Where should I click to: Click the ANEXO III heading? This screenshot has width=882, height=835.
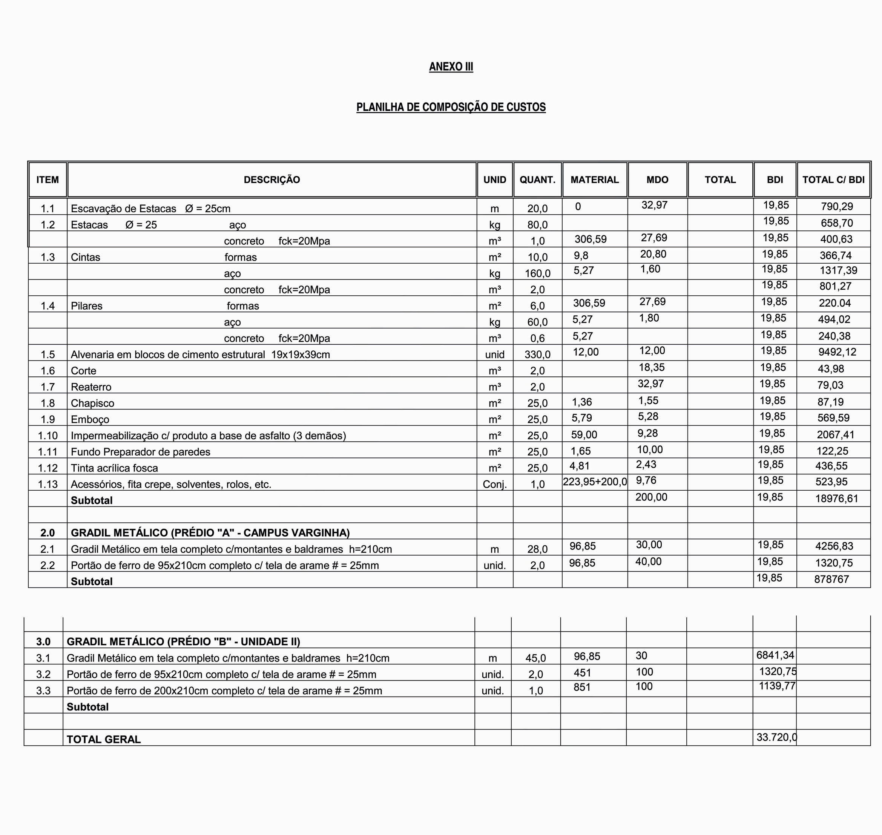tap(451, 67)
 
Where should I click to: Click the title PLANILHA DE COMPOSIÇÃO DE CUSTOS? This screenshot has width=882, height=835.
tap(451, 107)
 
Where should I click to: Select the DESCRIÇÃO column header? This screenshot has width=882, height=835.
tap(272, 180)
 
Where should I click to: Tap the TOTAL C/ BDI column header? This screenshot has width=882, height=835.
tap(833, 180)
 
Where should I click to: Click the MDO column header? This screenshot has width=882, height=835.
tap(657, 180)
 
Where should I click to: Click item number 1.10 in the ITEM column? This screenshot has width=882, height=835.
tap(48, 436)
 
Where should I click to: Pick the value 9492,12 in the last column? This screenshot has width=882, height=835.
tap(837, 352)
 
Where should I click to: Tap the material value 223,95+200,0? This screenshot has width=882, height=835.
tap(595, 482)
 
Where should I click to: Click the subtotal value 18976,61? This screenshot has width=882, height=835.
tap(836, 499)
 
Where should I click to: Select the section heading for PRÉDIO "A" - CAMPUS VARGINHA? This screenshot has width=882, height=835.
tap(210, 533)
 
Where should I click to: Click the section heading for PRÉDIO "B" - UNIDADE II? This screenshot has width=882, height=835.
tap(183, 642)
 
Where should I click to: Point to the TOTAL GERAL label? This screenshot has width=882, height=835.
tap(104, 739)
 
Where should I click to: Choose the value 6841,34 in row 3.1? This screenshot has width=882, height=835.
tap(775, 655)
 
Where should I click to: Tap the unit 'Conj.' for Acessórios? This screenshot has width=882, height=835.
tap(495, 484)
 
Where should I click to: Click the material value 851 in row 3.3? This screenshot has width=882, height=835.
tap(582, 687)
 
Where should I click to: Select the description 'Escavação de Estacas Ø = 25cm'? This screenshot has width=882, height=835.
tap(150, 209)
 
